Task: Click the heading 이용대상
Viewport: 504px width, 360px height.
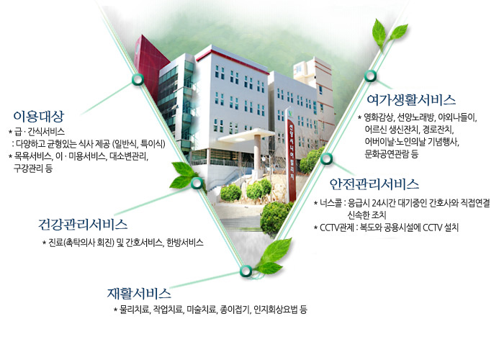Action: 39,116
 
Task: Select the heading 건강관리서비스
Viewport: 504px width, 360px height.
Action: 83,225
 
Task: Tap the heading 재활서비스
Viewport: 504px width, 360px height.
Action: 139,293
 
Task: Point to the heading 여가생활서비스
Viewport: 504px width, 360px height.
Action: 411,99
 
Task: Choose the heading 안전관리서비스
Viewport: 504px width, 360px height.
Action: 374,184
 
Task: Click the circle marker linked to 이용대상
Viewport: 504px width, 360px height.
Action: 138,79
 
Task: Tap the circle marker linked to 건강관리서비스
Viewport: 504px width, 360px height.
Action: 197,183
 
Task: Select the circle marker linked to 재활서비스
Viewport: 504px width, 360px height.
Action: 246,271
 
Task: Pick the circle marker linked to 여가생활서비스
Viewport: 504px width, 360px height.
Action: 370,76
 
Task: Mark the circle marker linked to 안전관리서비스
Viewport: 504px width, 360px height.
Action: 326,158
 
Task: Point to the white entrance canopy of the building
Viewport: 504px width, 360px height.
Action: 246,135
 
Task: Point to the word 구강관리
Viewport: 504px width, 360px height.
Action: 28,168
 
